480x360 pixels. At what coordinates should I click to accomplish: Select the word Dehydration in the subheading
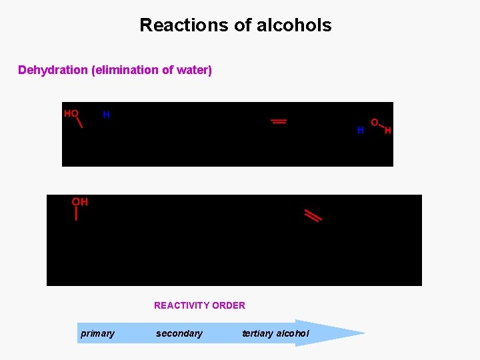click(53, 70)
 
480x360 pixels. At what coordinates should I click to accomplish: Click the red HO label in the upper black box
click(71, 114)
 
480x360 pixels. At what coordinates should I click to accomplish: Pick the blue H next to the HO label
click(106, 115)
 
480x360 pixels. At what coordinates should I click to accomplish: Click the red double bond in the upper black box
click(279, 121)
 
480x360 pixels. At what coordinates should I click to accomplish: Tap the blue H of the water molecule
click(360, 130)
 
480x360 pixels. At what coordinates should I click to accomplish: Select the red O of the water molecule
click(374, 123)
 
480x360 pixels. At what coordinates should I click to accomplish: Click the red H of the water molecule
click(387, 131)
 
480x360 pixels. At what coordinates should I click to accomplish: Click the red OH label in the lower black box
click(80, 202)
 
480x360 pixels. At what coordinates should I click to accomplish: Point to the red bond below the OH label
click(77, 214)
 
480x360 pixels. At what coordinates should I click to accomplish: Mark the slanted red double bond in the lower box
click(313, 215)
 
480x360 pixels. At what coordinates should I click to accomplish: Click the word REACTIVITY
click(182, 305)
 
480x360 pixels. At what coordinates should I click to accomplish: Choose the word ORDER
click(229, 305)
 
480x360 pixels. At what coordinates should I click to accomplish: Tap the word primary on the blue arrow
click(97, 333)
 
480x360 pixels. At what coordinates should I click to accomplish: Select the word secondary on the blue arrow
click(179, 333)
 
